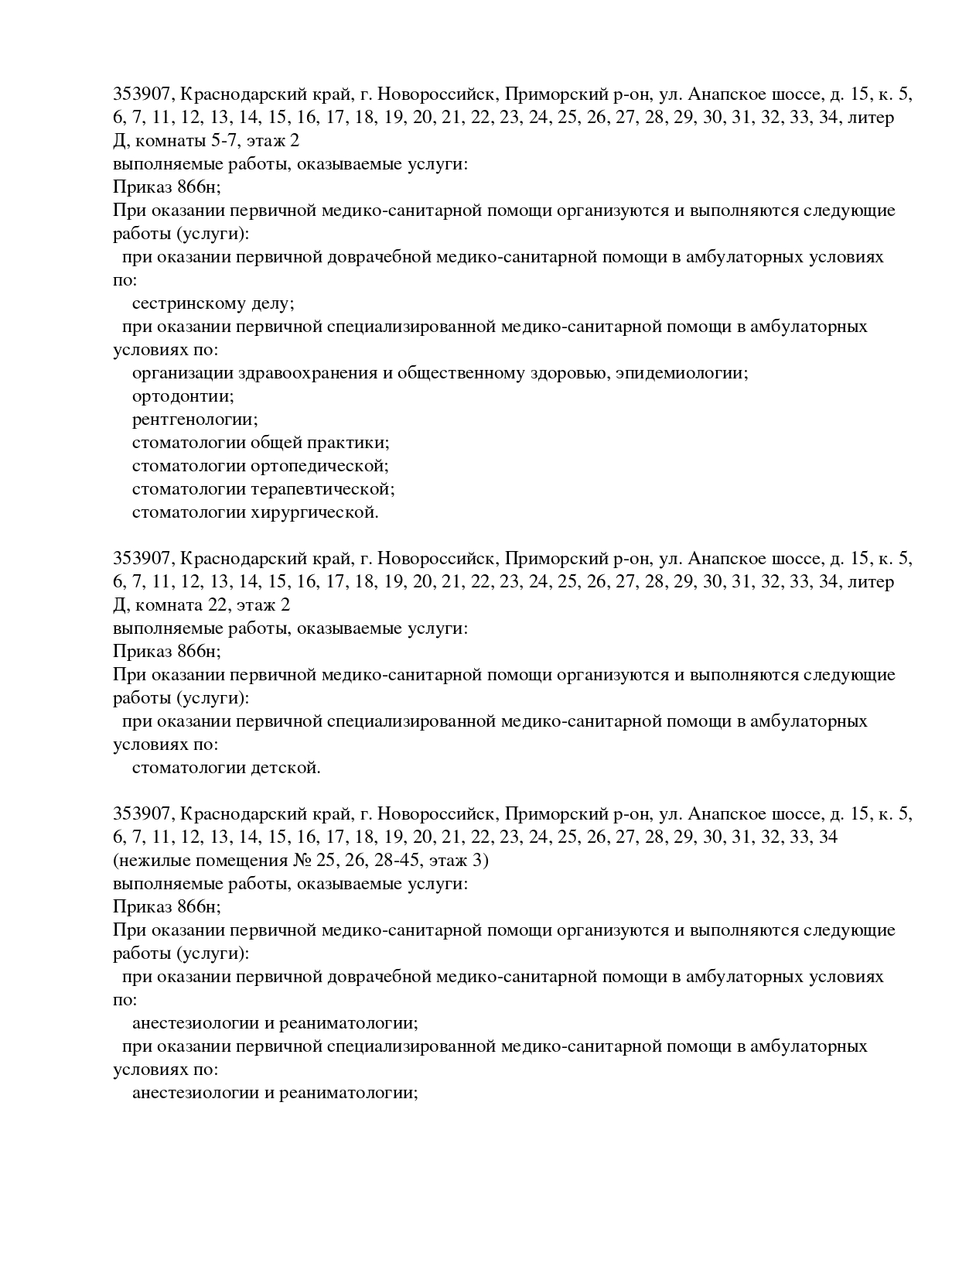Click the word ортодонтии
tap(183, 397)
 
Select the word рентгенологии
tap(194, 420)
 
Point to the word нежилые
tap(153, 861)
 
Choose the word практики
tap(348, 443)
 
